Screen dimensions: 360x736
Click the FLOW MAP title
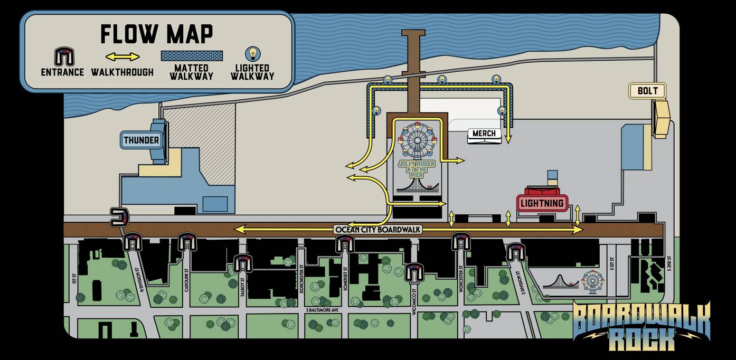pos(156,34)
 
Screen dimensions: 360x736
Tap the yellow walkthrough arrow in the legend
pos(122,56)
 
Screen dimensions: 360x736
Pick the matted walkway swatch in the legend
pos(192,55)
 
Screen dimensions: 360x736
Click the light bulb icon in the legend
pos(253,54)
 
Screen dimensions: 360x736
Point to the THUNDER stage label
pos(141,140)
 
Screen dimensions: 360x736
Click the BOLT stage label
pos(647,91)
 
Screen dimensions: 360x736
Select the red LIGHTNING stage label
pos(542,203)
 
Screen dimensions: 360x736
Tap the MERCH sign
pos(484,134)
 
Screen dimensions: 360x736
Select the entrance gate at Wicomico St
pos(414,272)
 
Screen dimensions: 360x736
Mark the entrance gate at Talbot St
pos(243,262)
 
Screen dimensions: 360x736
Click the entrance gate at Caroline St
pos(186,241)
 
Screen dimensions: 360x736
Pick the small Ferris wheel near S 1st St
pos(592,280)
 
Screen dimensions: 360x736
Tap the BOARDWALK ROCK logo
pos(641,326)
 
